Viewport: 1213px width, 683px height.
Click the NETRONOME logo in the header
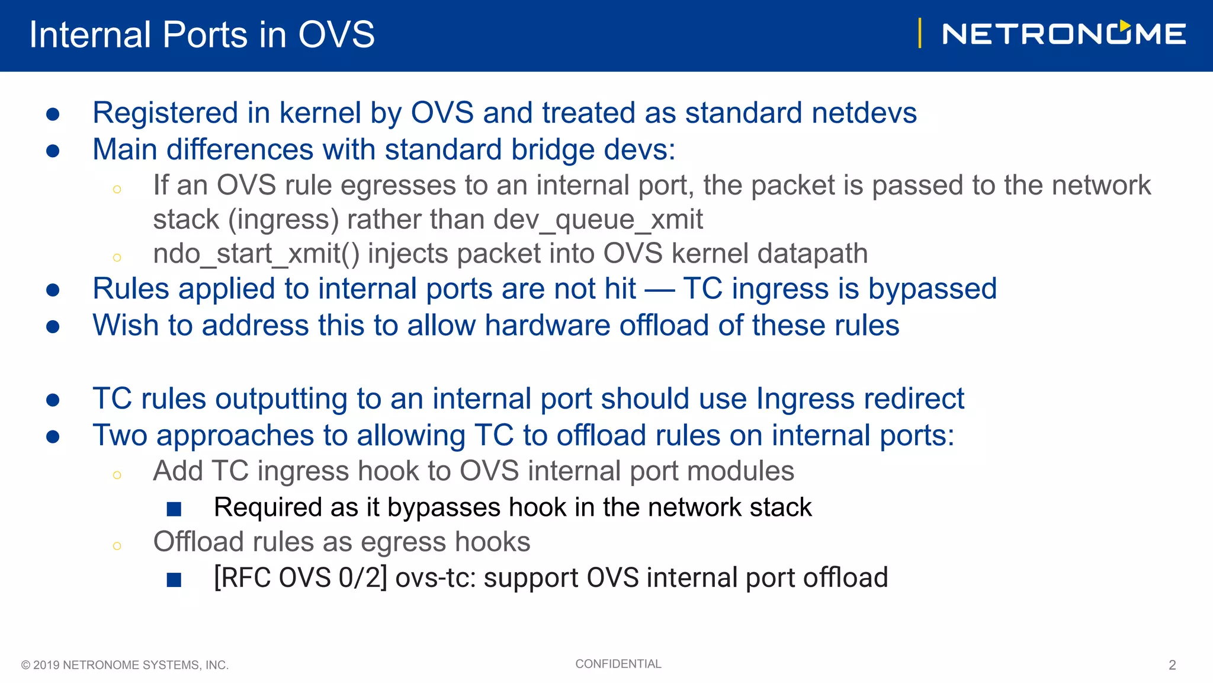coord(1064,34)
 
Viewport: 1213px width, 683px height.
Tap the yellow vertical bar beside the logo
coord(919,33)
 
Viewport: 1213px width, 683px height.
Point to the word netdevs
coord(864,113)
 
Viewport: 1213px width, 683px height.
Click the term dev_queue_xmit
coord(598,220)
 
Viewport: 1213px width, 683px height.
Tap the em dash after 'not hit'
coord(659,289)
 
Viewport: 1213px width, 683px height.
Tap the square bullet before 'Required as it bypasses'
coord(174,509)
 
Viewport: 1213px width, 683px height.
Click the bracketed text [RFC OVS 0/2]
coord(300,578)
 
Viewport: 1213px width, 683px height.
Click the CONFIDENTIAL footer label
coord(618,664)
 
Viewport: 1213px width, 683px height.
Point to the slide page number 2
coord(1172,665)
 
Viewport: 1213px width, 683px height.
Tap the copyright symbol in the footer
coord(25,665)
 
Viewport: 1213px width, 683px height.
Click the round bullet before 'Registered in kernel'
coord(53,114)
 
